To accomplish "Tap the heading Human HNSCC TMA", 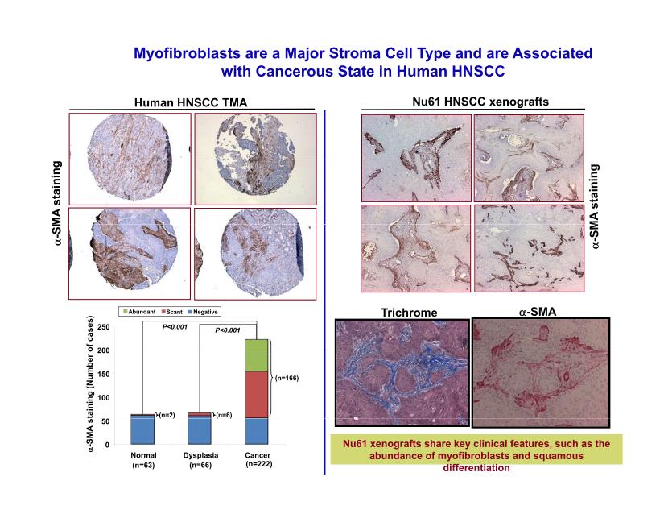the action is pos(191,102).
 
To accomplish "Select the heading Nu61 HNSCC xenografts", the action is pos(480,102).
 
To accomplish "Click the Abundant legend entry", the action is pos(139,312).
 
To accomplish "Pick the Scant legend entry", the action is pos(171,312).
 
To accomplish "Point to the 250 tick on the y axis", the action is pos(103,327).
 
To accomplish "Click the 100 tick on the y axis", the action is pos(103,398).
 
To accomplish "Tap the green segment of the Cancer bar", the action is pos(257,355).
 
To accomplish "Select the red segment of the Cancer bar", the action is pos(257,395).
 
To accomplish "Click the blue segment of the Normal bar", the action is pos(142,430).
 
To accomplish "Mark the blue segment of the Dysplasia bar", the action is pos(200,430).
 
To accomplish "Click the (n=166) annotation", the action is pos(287,378).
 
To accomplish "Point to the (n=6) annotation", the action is pos(224,415).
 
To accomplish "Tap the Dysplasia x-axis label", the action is pos(200,455).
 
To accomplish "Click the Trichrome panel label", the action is pos(409,313).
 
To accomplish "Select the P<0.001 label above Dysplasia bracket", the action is pos(228,330).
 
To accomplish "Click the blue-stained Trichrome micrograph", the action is pos(402,372).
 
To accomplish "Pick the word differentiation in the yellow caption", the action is pos(476,468).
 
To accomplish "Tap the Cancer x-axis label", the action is pos(258,455).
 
